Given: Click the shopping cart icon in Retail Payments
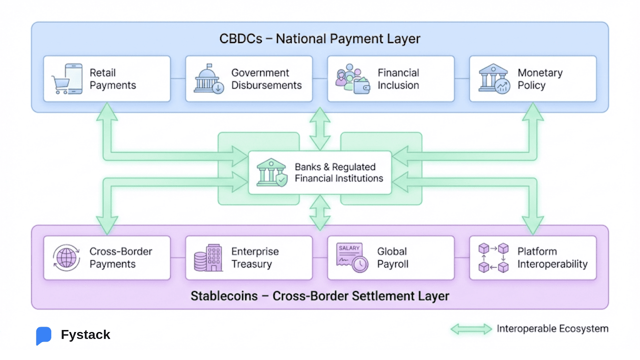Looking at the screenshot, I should click(61, 85).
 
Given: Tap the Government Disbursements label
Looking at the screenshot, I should click(266, 79).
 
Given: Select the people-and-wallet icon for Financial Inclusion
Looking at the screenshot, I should click(352, 79).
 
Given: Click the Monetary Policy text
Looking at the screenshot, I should click(540, 79).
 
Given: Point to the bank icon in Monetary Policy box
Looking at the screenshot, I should click(494, 78).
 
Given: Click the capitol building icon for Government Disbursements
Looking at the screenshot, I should click(208, 78).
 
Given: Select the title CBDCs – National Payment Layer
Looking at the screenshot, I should click(320, 39).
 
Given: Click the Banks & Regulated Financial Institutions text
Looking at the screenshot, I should click(338, 172).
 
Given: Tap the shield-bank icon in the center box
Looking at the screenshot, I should click(272, 172).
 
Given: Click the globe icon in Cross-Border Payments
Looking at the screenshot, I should click(66, 258).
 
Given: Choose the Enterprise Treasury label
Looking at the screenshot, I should click(255, 258).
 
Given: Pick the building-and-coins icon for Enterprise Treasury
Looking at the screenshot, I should click(208, 258).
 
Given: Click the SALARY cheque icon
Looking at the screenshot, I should click(352, 258).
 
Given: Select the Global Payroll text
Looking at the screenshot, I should click(392, 258).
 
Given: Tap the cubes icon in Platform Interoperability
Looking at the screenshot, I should click(493, 258).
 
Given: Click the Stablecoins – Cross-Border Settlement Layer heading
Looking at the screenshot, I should click(320, 296).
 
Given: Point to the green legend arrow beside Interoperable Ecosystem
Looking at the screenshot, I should click(471, 329).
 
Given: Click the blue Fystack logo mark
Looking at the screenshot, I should click(44, 335).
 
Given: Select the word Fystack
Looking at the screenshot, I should click(85, 334).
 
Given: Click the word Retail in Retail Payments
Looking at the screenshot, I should click(102, 73).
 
